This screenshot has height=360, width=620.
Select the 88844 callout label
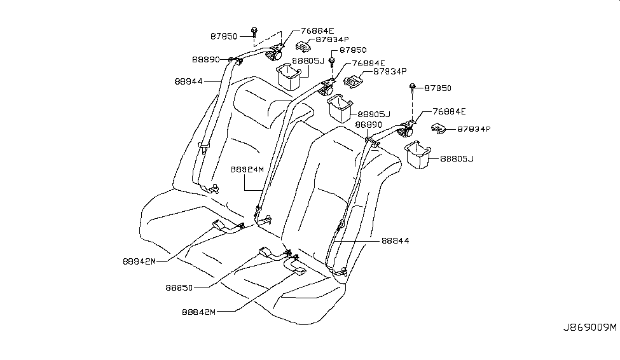396,241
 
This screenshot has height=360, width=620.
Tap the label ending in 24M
248,169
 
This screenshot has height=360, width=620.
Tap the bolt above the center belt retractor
331,61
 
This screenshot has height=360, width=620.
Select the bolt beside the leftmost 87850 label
254,30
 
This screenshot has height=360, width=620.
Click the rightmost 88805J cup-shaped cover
417,156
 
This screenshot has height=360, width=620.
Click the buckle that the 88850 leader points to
268,252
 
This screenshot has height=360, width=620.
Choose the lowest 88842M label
198,312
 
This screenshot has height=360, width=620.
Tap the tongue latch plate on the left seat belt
203,148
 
